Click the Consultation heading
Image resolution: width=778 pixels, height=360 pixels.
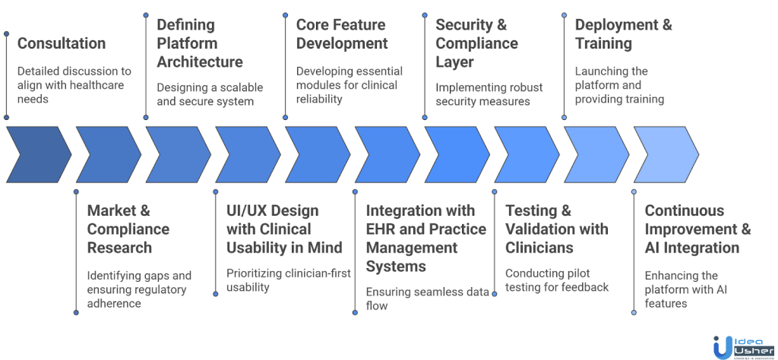pyautogui.click(x=62, y=43)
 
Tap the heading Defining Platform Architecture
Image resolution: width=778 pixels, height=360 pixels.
pyautogui.click(x=200, y=43)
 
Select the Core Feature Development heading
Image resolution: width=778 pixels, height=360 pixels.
pyautogui.click(x=342, y=33)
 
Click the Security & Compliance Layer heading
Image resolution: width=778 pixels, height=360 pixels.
pyautogui.click(x=477, y=43)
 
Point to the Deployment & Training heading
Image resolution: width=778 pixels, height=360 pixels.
pyautogui.click(x=624, y=33)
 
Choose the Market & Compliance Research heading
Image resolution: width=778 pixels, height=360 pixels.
pyautogui.click(x=128, y=229)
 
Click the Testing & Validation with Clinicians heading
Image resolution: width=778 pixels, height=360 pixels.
pyautogui.click(x=557, y=229)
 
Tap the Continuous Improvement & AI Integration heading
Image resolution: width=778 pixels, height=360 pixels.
pyautogui.click(x=698, y=229)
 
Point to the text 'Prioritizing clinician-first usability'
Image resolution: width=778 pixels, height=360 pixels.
pyautogui.click(x=289, y=280)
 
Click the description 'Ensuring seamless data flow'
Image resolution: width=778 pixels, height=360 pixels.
pyautogui.click(x=428, y=298)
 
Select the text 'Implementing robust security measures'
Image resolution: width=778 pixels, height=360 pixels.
pyautogui.click(x=489, y=94)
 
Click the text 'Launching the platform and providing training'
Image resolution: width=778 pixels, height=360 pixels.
pyautogui.click(x=619, y=85)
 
